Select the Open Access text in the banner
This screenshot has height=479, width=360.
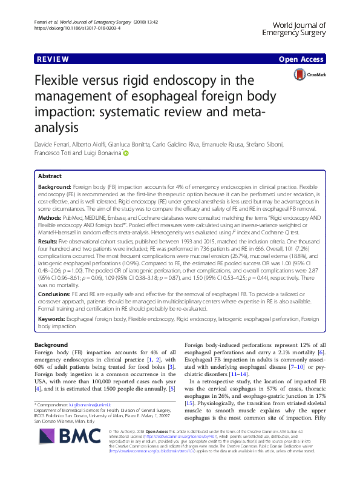tap(303, 60)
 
